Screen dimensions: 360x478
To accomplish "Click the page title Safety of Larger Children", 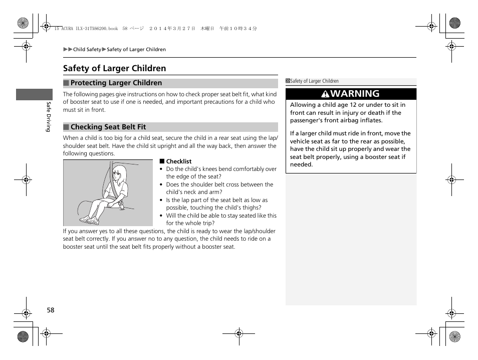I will [114, 68].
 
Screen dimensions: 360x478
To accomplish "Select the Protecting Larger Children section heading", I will [116, 83].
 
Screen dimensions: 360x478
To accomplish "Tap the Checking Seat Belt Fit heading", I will [108, 127].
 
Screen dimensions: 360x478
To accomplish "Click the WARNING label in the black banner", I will [355, 94].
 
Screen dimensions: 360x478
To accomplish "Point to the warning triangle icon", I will [326, 94].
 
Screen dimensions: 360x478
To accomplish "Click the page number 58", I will [51, 310].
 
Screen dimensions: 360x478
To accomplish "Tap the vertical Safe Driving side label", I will [49, 117].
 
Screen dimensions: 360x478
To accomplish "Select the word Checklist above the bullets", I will [178, 161].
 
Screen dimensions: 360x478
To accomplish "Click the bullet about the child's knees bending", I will [221, 172].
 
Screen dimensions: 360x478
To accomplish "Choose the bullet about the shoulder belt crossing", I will [219, 188].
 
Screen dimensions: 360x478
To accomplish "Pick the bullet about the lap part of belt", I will [216, 204].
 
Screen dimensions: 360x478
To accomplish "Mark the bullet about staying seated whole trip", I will [221, 219].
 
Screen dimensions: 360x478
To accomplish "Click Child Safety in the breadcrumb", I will [87, 50].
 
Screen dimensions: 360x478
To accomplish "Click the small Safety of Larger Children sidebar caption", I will [314, 81].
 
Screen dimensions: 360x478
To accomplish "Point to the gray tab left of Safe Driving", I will [34, 94].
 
